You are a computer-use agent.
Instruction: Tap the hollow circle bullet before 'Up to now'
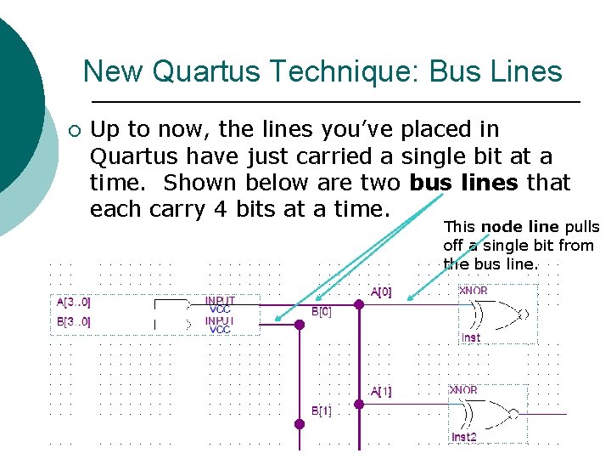click(x=73, y=131)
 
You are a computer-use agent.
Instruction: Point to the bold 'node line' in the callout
click(x=520, y=227)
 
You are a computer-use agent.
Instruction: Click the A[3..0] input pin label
click(x=74, y=301)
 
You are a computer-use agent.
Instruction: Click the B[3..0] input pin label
click(x=74, y=321)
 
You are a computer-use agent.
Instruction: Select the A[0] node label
click(x=381, y=292)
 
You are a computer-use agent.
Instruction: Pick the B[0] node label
click(x=322, y=312)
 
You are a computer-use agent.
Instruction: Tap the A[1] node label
click(x=381, y=392)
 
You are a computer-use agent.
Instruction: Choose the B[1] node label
click(x=322, y=411)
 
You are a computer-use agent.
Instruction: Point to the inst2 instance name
click(x=464, y=437)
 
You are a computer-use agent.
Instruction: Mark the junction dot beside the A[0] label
click(x=359, y=304)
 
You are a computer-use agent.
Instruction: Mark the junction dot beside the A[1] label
click(x=359, y=405)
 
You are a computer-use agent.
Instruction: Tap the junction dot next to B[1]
click(x=299, y=423)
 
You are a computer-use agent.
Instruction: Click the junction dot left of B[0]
click(x=299, y=324)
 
